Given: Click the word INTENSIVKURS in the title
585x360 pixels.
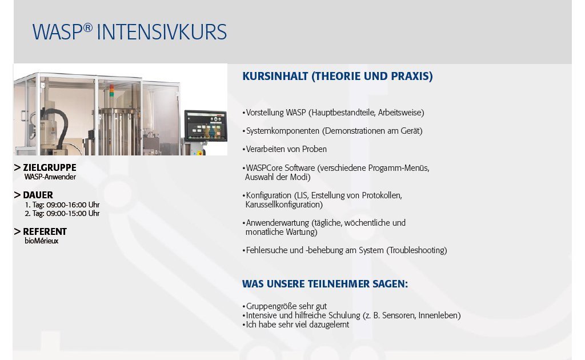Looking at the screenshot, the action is point(162,32).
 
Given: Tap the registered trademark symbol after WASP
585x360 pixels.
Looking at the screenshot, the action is point(87,27).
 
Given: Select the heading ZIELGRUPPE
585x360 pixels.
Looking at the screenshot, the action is point(50,167).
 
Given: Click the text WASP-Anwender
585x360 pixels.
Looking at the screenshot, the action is point(50,177).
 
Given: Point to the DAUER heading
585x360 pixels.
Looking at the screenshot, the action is point(38,195).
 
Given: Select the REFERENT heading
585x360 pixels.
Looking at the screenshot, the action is point(45,231).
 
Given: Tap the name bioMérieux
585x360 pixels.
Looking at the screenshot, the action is point(41,241).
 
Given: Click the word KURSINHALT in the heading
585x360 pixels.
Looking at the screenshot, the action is point(275,76).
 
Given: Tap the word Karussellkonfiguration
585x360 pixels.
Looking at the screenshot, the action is point(283,205).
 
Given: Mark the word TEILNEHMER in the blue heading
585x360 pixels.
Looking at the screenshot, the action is point(338,284).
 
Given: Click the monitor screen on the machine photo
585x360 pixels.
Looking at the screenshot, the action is point(206,126).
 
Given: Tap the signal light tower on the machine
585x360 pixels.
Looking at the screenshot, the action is point(111,91).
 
